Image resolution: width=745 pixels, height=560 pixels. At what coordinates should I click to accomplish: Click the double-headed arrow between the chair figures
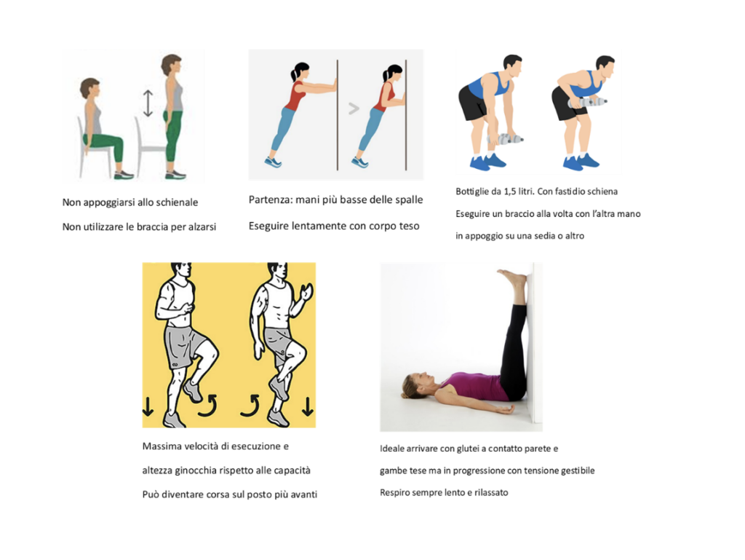tap(148, 103)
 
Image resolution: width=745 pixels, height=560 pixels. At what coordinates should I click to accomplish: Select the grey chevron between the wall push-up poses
tap(354, 109)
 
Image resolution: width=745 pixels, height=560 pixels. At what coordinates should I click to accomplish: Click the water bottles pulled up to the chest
tap(588, 102)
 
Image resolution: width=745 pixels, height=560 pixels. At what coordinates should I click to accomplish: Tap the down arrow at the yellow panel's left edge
tap(148, 407)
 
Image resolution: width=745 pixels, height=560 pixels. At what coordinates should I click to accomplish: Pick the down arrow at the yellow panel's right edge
tap(308, 406)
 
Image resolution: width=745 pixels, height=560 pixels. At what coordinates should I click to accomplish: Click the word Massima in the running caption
tap(162, 446)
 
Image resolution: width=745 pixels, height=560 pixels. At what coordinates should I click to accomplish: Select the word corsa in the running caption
tap(218, 494)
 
